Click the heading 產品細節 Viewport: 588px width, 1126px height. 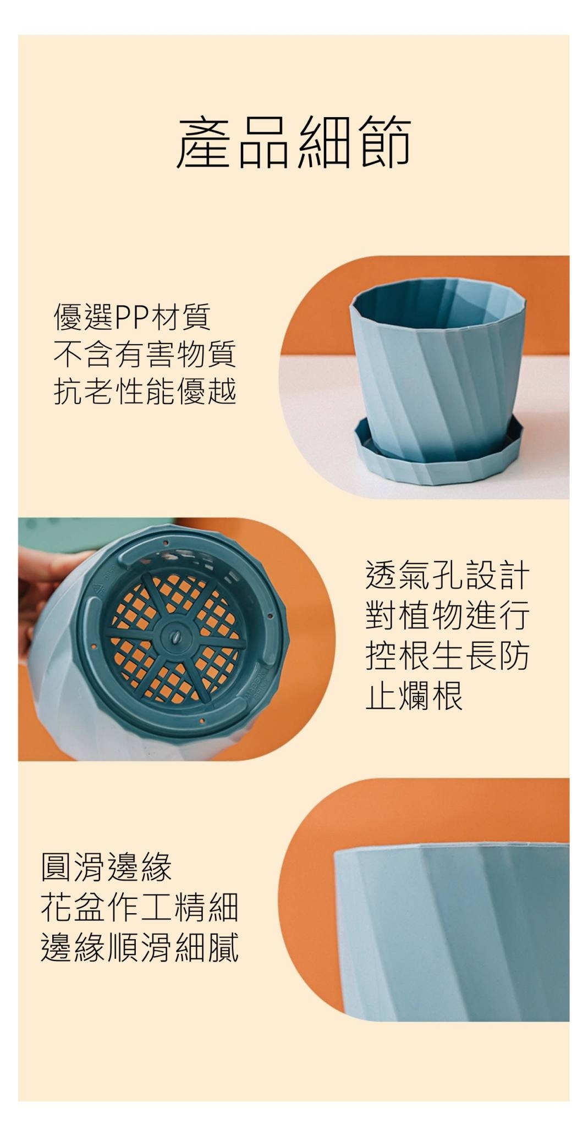[x=294, y=141]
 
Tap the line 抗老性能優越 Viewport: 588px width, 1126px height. [x=145, y=391]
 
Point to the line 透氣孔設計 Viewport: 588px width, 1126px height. [x=447, y=575]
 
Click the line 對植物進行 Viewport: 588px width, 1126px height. [x=447, y=615]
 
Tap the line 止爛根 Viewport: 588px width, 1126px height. [x=414, y=695]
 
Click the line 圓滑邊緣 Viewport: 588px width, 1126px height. [x=107, y=866]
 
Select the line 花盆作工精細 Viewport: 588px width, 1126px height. [x=140, y=907]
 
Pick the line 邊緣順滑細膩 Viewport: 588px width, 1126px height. [x=140, y=947]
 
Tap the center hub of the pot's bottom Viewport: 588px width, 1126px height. [x=175, y=637]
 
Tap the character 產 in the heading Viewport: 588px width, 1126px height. [x=204, y=141]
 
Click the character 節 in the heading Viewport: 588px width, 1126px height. [x=384, y=141]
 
